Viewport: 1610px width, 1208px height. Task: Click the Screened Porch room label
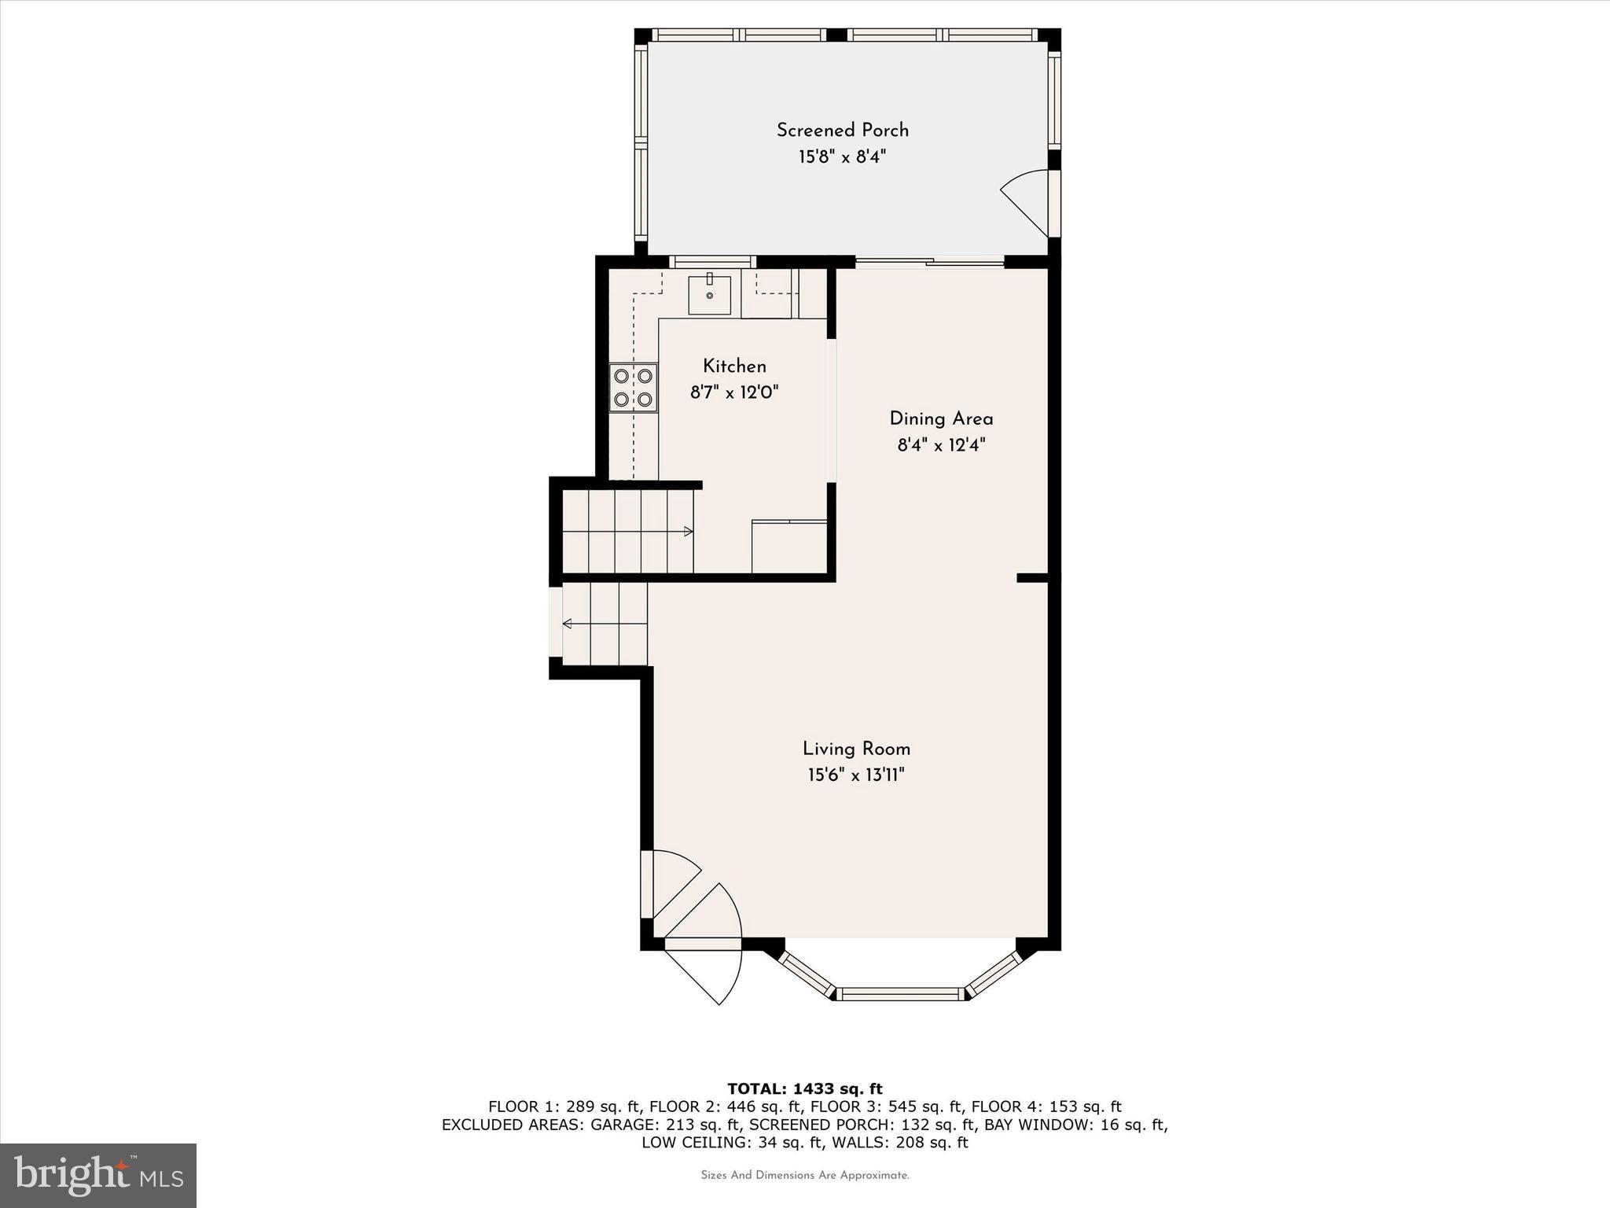pyautogui.click(x=842, y=131)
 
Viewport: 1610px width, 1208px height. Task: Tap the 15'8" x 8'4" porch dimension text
pyautogui.click(x=842, y=157)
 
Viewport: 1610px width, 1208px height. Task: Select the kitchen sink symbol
pyautogui.click(x=709, y=295)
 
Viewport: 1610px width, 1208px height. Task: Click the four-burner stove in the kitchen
pyautogui.click(x=633, y=388)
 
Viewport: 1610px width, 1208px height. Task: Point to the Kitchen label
pyautogui.click(x=734, y=366)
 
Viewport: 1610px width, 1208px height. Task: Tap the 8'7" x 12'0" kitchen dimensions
pyautogui.click(x=734, y=392)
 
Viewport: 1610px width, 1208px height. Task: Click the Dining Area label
pyautogui.click(x=941, y=419)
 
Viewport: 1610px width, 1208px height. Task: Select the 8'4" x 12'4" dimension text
pyautogui.click(x=941, y=446)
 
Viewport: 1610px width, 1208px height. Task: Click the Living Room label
pyautogui.click(x=856, y=749)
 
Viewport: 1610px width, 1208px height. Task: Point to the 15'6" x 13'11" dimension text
pyautogui.click(x=856, y=775)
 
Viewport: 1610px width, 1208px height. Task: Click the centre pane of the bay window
pyautogui.click(x=900, y=994)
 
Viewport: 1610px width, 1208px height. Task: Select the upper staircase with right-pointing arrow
pyautogui.click(x=628, y=532)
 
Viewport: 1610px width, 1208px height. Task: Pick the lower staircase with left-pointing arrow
pyautogui.click(x=605, y=624)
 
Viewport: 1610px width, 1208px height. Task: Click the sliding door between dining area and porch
pyautogui.click(x=929, y=263)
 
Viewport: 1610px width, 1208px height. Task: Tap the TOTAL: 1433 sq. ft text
pyautogui.click(x=804, y=1089)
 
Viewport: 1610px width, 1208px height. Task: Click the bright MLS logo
pyautogui.click(x=98, y=1176)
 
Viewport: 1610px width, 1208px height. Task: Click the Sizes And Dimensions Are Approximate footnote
pyautogui.click(x=804, y=1176)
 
